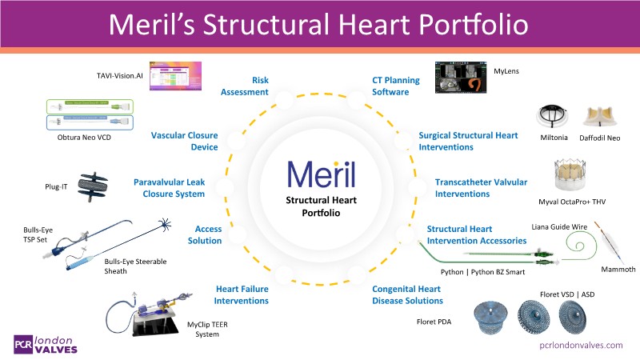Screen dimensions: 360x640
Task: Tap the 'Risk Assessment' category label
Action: (248, 86)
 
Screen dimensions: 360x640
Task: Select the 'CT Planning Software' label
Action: (391, 86)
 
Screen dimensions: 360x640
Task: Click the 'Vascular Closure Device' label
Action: (185, 141)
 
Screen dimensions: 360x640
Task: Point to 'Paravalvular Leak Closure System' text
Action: (170, 188)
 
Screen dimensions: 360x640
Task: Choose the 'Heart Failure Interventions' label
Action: (241, 294)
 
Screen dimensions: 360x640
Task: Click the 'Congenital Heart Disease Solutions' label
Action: (407, 294)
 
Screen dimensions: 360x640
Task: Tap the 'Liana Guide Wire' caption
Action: (559, 227)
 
